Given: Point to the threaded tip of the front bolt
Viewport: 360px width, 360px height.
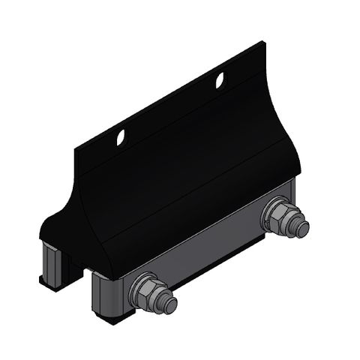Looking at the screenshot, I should [x=171, y=305].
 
